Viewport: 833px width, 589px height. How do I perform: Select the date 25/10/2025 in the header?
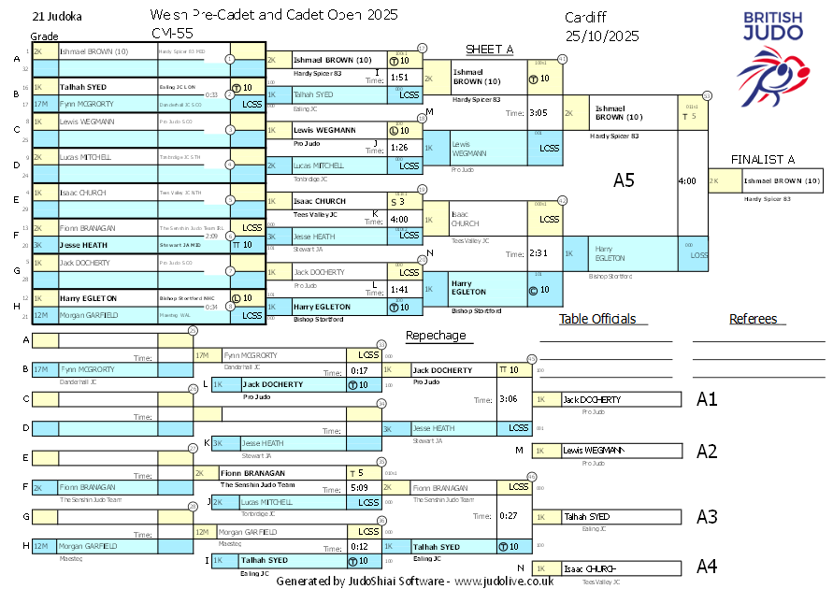coord(602,36)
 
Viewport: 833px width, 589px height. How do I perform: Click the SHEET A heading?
coord(490,50)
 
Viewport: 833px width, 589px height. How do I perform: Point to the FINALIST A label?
coord(763,159)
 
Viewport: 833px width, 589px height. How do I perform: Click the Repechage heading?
coord(435,336)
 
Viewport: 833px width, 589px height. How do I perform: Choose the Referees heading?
coord(754,319)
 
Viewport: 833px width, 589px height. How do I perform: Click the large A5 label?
coord(624,180)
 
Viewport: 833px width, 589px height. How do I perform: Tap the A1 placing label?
coord(707,399)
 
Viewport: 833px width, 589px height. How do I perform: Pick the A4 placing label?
coord(707,567)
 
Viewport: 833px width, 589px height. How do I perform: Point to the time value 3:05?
coord(538,112)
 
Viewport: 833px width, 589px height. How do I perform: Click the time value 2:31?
coord(538,253)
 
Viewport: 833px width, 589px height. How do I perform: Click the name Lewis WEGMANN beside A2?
coord(593,450)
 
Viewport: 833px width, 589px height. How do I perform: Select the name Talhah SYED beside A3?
coord(586,516)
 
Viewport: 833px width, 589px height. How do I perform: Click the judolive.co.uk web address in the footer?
coord(504,581)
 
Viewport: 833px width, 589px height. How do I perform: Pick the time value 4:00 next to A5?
coord(686,180)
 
